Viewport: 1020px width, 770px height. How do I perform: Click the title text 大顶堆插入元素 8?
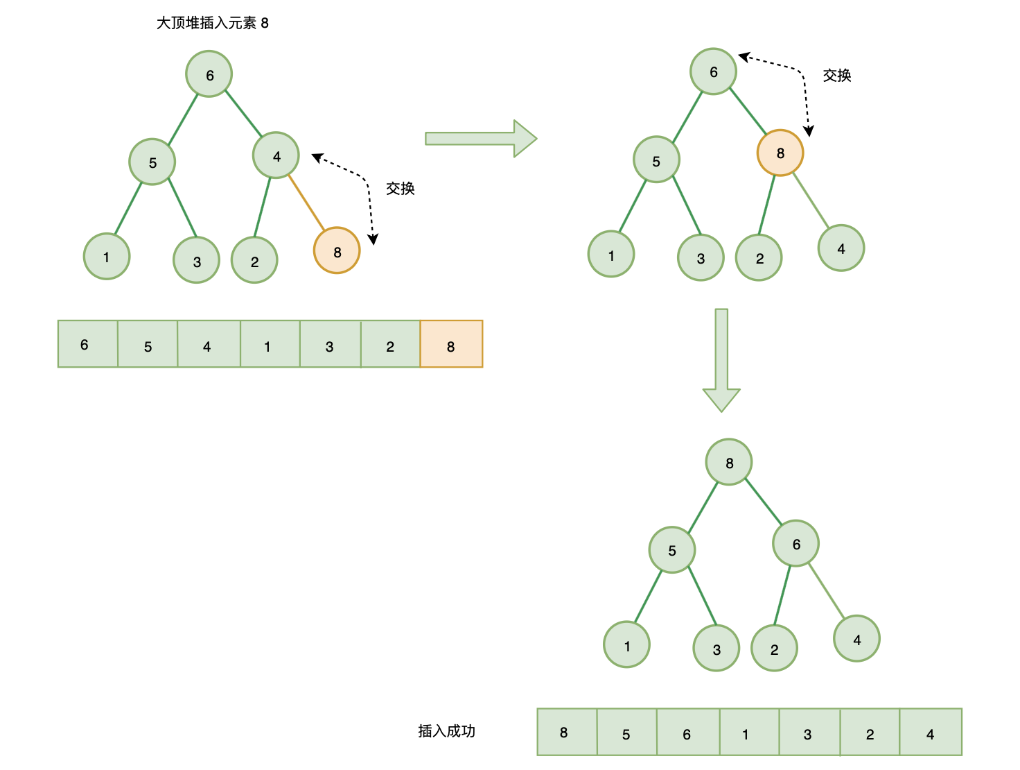coord(212,23)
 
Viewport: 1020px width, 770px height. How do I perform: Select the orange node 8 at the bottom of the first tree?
coord(337,250)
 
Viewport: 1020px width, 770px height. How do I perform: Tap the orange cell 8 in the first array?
coord(451,343)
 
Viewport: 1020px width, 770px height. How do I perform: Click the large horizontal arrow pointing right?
coord(481,139)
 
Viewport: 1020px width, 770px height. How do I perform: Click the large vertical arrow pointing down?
coord(721,360)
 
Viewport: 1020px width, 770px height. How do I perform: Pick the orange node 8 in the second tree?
coord(780,153)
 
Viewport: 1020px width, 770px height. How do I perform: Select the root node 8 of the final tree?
coord(729,462)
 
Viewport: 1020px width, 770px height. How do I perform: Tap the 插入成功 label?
coord(446,731)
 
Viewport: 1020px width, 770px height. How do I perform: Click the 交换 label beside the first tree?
coord(400,188)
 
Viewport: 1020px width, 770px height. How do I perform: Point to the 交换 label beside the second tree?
coord(837,76)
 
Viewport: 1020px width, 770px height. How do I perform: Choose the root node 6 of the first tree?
coord(209,74)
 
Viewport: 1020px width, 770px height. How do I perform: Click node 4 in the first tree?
coord(276,155)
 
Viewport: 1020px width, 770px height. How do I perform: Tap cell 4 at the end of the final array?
coord(931,732)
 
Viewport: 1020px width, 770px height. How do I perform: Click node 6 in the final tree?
coord(795,543)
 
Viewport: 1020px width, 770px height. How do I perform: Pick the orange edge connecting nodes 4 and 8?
coord(306,203)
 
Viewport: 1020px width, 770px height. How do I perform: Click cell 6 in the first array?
coord(88,343)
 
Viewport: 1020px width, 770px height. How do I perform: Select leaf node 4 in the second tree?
coord(841,248)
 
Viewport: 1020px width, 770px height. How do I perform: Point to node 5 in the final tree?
coord(672,549)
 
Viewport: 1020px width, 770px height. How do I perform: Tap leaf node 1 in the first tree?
coord(107,256)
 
